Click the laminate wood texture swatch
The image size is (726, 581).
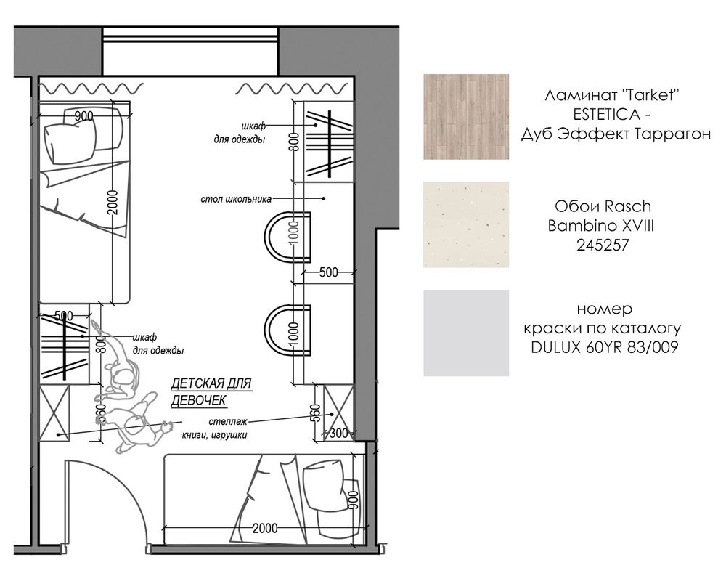coord(466,117)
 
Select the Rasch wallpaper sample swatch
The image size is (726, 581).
coord(466,224)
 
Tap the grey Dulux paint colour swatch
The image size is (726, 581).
coord(466,333)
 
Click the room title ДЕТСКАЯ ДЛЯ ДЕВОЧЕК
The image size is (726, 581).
coord(211,392)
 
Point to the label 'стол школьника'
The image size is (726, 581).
coord(236,200)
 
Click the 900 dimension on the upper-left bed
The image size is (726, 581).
coord(83,115)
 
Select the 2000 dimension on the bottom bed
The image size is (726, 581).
coord(265,528)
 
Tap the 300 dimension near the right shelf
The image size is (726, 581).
coord(338,433)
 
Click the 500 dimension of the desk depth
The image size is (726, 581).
coord(329,272)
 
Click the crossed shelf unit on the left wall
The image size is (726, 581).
coord(54,413)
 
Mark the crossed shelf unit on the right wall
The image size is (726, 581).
coord(338,413)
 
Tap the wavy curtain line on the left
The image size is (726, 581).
coord(91,88)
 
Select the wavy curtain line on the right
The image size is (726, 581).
coord(292,88)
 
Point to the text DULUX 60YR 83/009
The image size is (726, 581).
coord(604,347)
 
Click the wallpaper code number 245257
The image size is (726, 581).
coord(603,245)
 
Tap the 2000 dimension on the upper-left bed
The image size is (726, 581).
coord(113,203)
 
